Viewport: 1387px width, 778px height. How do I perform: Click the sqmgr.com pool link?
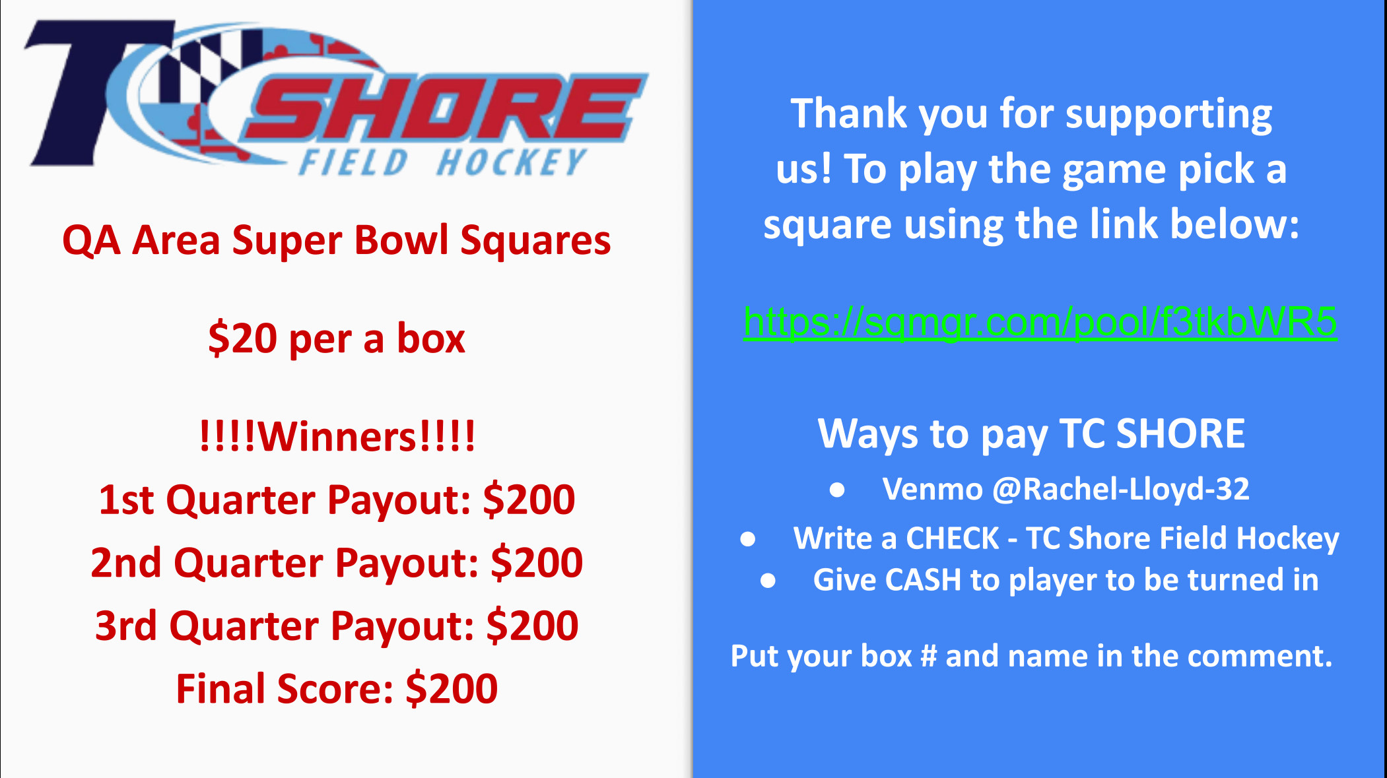point(1040,322)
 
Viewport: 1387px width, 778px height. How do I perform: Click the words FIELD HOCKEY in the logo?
point(442,162)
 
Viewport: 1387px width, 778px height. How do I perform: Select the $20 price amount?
point(242,339)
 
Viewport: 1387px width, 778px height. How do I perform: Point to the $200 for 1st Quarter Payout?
point(529,500)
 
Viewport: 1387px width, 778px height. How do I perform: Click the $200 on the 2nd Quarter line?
point(537,563)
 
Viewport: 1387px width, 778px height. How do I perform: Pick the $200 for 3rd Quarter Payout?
point(532,626)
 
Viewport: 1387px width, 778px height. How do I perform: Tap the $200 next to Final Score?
point(452,689)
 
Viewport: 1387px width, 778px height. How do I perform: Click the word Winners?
point(337,437)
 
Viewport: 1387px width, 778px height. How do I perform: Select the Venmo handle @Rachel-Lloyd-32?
point(1121,490)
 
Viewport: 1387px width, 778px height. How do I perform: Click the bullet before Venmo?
point(837,490)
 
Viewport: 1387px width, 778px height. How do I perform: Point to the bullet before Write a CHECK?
point(748,539)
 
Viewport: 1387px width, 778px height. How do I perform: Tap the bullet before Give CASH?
point(768,581)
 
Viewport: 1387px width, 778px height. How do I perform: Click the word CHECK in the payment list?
point(953,538)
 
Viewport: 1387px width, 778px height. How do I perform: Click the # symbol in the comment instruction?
point(928,657)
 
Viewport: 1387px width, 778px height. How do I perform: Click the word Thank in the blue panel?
point(849,113)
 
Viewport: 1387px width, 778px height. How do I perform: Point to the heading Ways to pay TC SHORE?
point(1031,434)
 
